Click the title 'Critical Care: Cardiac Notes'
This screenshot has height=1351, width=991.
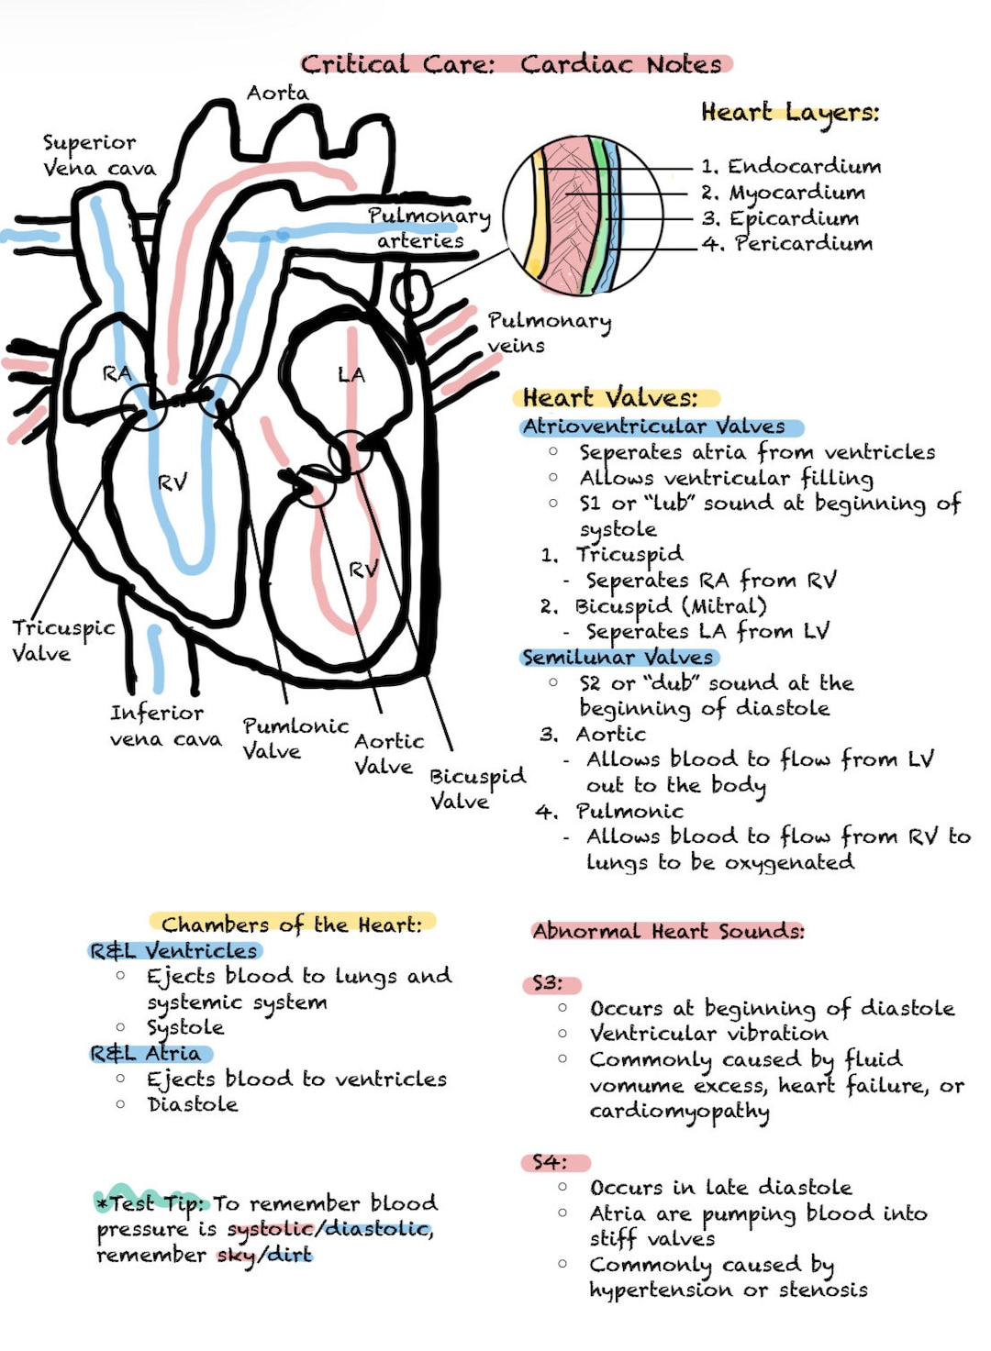pyautogui.click(x=516, y=64)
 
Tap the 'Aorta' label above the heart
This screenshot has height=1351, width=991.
pyautogui.click(x=277, y=93)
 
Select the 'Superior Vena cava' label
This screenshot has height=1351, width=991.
pyautogui.click(x=98, y=155)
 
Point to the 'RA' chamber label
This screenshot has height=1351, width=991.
pyautogui.click(x=117, y=373)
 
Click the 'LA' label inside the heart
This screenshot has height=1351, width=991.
pyautogui.click(x=351, y=374)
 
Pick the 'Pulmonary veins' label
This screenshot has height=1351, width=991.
pyautogui.click(x=548, y=332)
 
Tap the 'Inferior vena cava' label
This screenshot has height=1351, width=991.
pyautogui.click(x=165, y=725)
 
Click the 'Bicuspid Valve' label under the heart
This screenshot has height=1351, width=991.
pyautogui.click(x=477, y=788)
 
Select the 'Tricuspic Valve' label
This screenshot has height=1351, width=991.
pyautogui.click(x=62, y=640)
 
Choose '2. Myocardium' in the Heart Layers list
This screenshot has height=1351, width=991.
pyautogui.click(x=784, y=193)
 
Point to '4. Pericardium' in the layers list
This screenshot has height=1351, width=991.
pyautogui.click(x=787, y=244)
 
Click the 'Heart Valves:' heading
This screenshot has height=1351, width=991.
pyautogui.click(x=610, y=398)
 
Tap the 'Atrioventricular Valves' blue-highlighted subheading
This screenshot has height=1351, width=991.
pyautogui.click(x=654, y=426)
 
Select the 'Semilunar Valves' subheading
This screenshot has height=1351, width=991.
pyautogui.click(x=618, y=658)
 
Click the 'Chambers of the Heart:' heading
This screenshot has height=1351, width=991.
pyautogui.click(x=292, y=925)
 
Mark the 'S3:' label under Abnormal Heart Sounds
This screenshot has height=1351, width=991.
pyautogui.click(x=548, y=983)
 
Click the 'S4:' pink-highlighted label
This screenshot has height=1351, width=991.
pyautogui.click(x=550, y=1163)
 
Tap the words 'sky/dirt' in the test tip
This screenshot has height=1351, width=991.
pyautogui.click(x=265, y=1255)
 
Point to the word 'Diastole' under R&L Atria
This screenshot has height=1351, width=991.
pyautogui.click(x=193, y=1104)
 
